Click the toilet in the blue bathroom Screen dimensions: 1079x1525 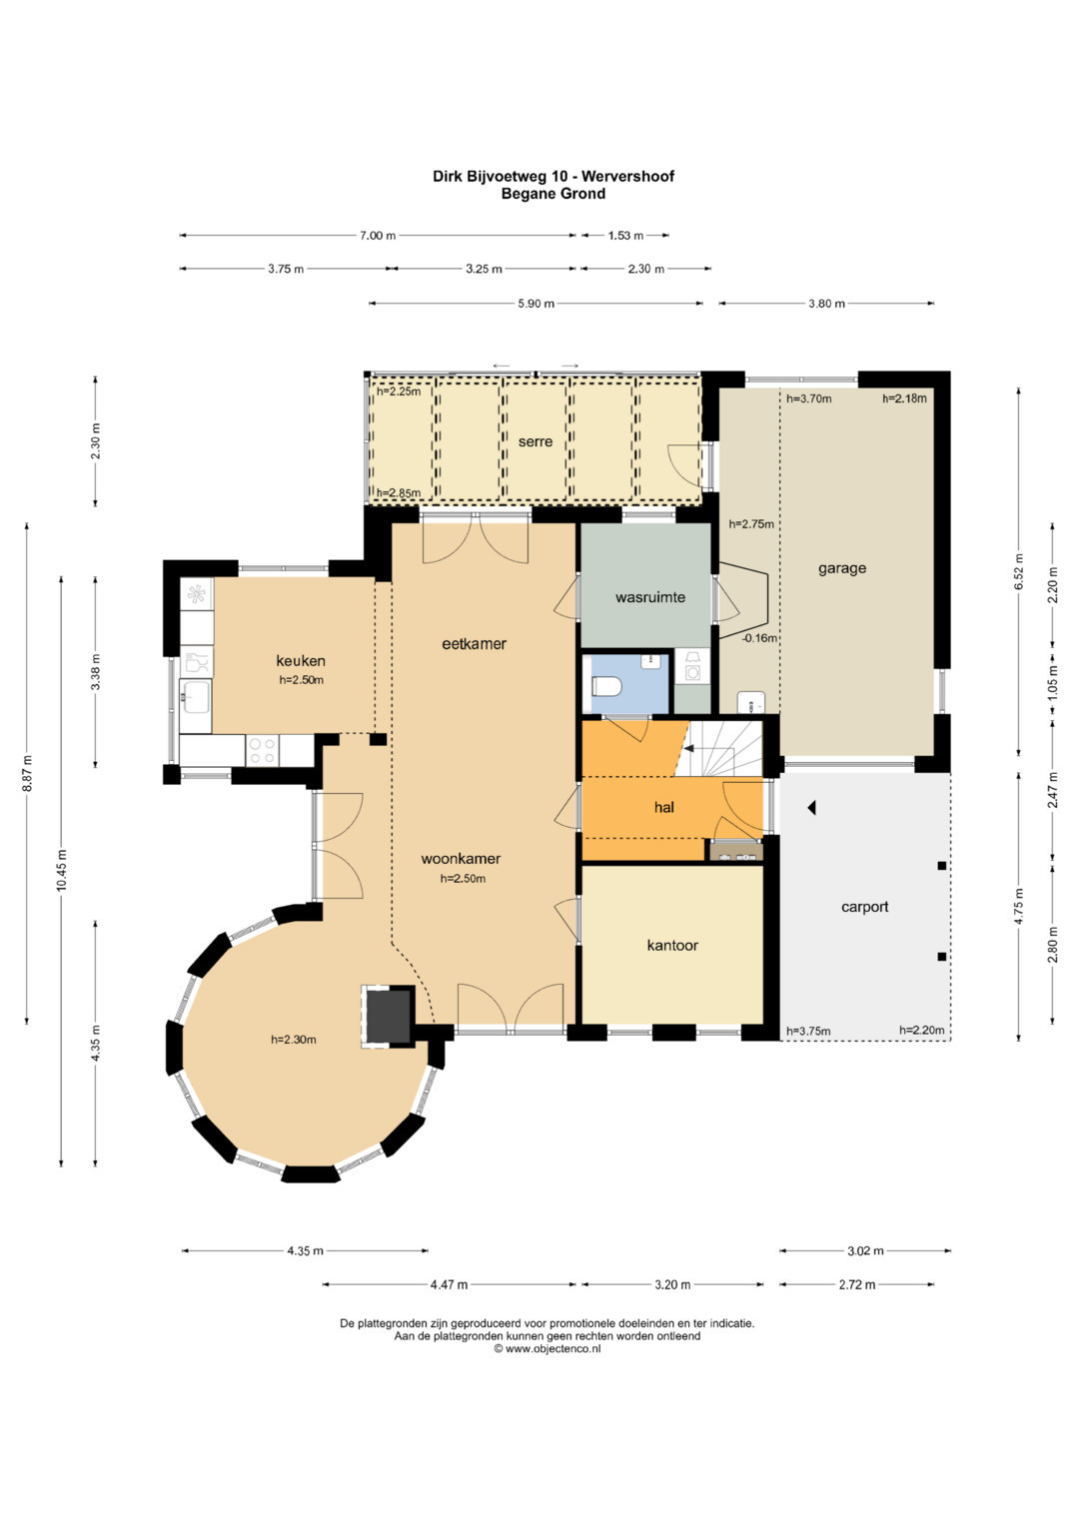(605, 685)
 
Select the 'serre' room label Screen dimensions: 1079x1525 (536, 441)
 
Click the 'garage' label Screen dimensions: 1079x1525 (842, 568)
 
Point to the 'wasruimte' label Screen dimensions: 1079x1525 (649, 598)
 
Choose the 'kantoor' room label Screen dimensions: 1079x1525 (672, 945)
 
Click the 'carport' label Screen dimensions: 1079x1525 (864, 907)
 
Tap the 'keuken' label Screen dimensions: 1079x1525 (301, 660)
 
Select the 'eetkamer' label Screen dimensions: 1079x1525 (475, 643)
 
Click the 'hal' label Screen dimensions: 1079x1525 (664, 807)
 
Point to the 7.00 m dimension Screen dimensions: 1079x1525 (378, 236)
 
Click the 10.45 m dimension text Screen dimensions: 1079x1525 (62, 870)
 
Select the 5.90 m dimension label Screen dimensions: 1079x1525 (537, 304)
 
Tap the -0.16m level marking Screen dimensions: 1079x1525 (759, 638)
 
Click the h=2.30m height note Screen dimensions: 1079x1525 (293, 1040)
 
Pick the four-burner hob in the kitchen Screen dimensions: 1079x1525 (262, 751)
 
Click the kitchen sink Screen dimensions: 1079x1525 (196, 696)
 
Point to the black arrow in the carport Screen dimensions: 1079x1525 (811, 808)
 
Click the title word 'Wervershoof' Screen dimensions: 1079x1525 (629, 177)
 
